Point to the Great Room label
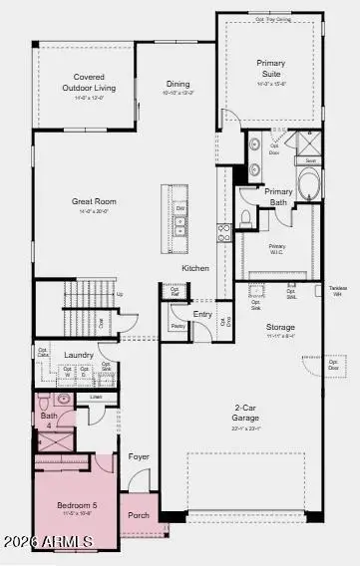pyautogui.click(x=90, y=202)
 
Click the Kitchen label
pyautogui.click(x=195, y=268)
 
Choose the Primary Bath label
pyautogui.click(x=279, y=195)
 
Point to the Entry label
pyautogui.click(x=203, y=314)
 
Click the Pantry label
pyautogui.click(x=178, y=326)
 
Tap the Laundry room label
pyautogui.click(x=79, y=355)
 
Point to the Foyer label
pyautogui.click(x=139, y=456)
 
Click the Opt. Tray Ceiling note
pyautogui.click(x=274, y=19)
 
